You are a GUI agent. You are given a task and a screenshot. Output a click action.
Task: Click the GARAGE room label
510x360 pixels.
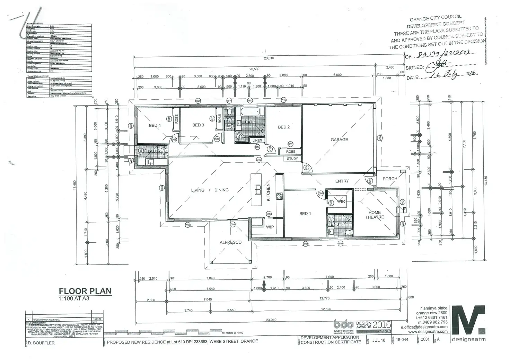(339, 139)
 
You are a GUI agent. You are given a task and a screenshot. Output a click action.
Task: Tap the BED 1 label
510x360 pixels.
(305, 214)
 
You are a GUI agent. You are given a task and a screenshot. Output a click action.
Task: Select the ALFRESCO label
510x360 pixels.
(230, 242)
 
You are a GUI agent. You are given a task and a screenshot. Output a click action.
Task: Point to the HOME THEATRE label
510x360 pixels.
(375, 215)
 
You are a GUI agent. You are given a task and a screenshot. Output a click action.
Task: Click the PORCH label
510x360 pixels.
(390, 179)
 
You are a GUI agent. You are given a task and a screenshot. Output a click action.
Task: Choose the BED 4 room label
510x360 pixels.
(155, 125)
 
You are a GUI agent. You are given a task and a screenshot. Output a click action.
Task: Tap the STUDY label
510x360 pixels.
(292, 159)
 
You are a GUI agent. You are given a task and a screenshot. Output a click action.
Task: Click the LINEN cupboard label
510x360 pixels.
(257, 140)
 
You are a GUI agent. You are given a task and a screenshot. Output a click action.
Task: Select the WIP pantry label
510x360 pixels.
(270, 227)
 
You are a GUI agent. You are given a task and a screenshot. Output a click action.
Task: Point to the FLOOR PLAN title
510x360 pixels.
(85, 291)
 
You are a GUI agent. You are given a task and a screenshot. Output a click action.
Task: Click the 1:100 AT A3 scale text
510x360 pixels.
(74, 298)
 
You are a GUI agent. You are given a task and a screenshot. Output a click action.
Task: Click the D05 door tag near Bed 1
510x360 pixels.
(320, 193)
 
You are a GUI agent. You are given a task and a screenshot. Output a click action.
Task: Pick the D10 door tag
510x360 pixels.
(259, 160)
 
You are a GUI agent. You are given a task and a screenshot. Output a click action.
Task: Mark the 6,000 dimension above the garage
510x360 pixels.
(337, 75)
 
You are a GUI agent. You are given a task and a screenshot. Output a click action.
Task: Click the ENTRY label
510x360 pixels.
(342, 181)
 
